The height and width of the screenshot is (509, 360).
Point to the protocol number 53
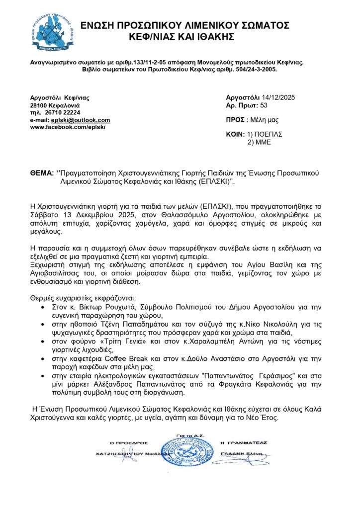point(264,105)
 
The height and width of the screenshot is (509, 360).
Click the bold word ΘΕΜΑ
point(42,173)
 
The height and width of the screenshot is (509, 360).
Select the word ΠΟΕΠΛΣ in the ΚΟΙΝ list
point(269,135)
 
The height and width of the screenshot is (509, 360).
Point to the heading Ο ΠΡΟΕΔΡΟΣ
point(129,443)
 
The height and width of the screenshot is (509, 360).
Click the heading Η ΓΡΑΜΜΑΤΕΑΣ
point(243,443)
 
